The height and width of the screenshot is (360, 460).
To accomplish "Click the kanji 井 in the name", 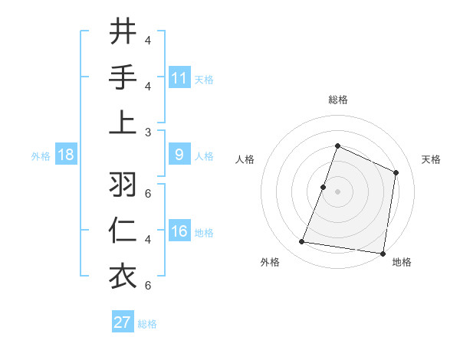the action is tap(123, 33).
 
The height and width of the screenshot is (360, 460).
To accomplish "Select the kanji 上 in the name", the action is tap(123, 123).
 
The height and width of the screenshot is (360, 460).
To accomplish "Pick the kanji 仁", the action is tap(123, 231).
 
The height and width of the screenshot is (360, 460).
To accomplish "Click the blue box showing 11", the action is tap(179, 77).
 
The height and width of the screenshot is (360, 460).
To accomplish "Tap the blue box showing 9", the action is tap(179, 155).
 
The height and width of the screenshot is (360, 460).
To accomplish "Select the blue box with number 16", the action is tap(179, 231).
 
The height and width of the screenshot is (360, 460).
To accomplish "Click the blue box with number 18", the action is tap(66, 155).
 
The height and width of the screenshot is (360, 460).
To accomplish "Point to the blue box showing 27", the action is tap(123, 322).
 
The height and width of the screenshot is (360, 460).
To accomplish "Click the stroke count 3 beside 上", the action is tap(148, 132).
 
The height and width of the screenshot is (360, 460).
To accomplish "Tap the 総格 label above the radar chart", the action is tap(337, 100).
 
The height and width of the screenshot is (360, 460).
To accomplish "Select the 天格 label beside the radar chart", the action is tap(432, 159).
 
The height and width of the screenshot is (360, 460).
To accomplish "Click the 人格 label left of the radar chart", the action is tap(245, 159).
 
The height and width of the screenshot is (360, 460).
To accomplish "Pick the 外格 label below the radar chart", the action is tap(270, 262).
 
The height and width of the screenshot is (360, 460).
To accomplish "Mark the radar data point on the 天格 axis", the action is tap(396, 172).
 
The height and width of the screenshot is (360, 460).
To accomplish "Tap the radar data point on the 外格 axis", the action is tap(302, 242).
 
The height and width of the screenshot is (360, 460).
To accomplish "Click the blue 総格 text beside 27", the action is tap(147, 323).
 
